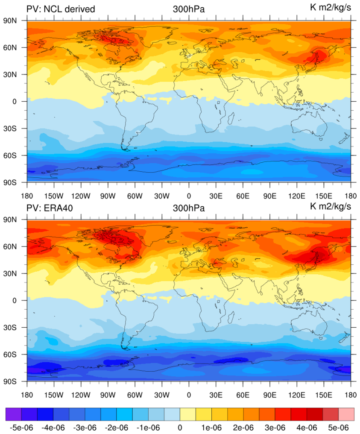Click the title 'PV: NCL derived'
coord(61,9)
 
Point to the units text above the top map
coord(331,7)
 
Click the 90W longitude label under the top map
coord(108,196)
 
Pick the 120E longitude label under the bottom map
coord(297,395)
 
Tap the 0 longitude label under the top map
coord(189,196)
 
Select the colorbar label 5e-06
coord(339,427)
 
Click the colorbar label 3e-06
coord(275,427)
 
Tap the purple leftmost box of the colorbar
coord(14,414)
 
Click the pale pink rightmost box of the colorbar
coord(346,414)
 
